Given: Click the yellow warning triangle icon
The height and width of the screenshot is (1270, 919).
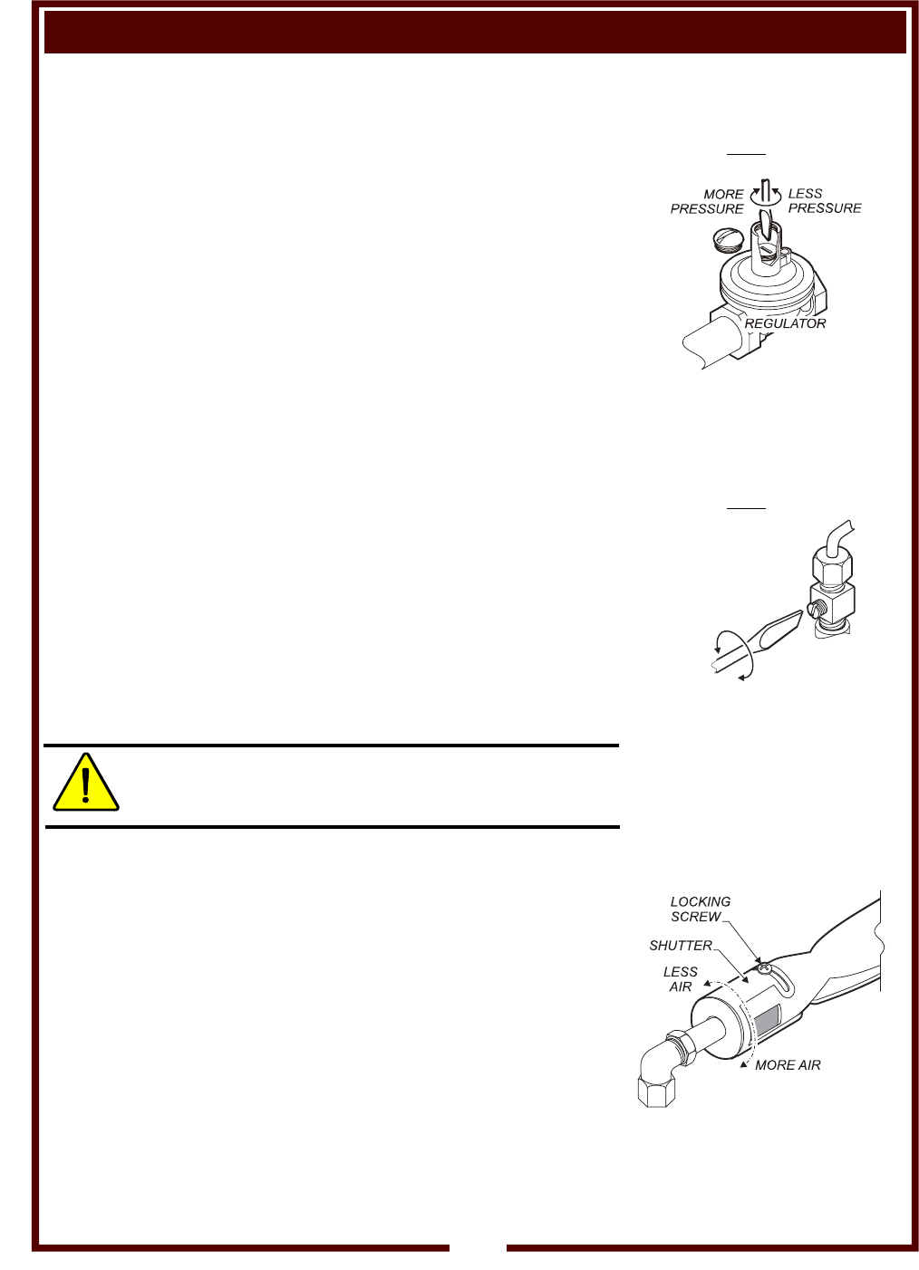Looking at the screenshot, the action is [x=86, y=784].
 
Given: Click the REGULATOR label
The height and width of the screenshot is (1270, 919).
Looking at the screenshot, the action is [x=785, y=323].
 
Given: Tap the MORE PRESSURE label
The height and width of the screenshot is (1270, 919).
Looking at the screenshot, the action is [x=708, y=201].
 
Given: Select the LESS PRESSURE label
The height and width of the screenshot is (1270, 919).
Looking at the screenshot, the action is [x=824, y=201].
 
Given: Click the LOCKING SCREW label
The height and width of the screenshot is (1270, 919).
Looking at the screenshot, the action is [x=700, y=909].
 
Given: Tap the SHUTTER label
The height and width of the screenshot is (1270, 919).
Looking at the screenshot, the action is [x=681, y=946].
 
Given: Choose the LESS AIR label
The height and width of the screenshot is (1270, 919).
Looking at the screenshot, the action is [x=680, y=979].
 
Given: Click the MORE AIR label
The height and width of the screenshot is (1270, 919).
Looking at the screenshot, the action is [x=788, y=1065].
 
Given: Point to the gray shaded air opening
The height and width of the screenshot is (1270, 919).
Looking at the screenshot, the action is [x=767, y=1019].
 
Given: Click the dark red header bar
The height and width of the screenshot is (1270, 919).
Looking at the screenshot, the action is [x=475, y=33].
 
